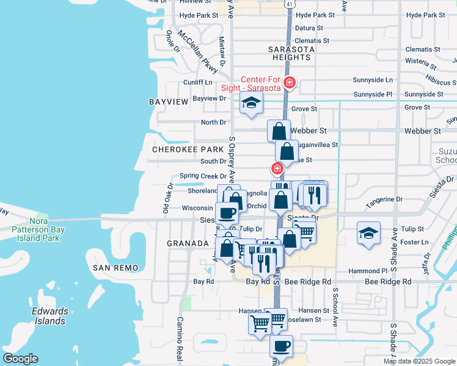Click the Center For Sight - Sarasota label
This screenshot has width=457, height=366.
coord(261,84)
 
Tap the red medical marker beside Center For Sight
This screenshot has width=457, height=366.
coord(290,82)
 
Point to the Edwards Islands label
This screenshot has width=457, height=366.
coord(49,316)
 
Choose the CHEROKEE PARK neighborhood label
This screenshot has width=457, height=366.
coord(179,149)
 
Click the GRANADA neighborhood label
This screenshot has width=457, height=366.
coord(188,243)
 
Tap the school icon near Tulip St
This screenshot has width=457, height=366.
coord(368,235)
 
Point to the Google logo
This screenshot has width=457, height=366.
coord(20,359)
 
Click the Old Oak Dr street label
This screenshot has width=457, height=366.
coord(166,200)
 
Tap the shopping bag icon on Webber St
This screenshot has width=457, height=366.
coord(279,131)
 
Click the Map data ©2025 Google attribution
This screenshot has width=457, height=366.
coord(419,361)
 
